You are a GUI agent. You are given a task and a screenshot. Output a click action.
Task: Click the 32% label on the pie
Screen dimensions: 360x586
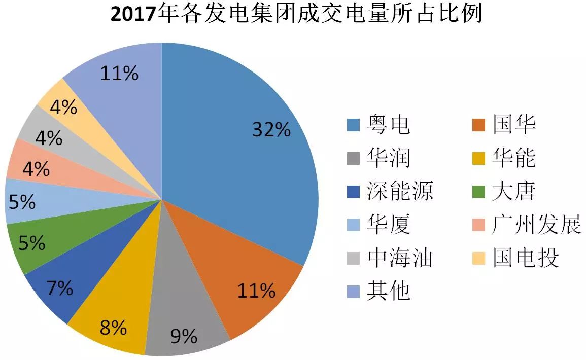(x=271, y=130)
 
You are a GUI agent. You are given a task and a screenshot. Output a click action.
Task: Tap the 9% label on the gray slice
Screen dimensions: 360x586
(x=183, y=336)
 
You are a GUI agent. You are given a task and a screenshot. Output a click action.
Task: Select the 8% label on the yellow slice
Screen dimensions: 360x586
(x=113, y=328)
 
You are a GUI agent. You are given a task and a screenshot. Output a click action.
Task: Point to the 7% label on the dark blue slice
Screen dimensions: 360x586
(x=60, y=289)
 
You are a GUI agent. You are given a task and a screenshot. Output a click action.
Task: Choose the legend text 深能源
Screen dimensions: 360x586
(x=400, y=192)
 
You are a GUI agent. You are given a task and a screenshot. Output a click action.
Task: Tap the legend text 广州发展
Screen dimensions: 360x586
(x=536, y=225)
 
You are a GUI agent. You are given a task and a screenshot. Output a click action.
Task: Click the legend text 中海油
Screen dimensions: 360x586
(x=400, y=258)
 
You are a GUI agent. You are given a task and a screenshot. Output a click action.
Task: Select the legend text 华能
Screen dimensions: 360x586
(x=513, y=158)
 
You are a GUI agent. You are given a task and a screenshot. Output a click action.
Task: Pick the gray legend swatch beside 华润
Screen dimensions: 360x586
(x=353, y=158)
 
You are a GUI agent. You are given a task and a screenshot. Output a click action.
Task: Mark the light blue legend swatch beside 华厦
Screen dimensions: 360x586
(x=353, y=225)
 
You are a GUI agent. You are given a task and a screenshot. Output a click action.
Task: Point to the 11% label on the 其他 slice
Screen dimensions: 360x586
(x=119, y=74)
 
